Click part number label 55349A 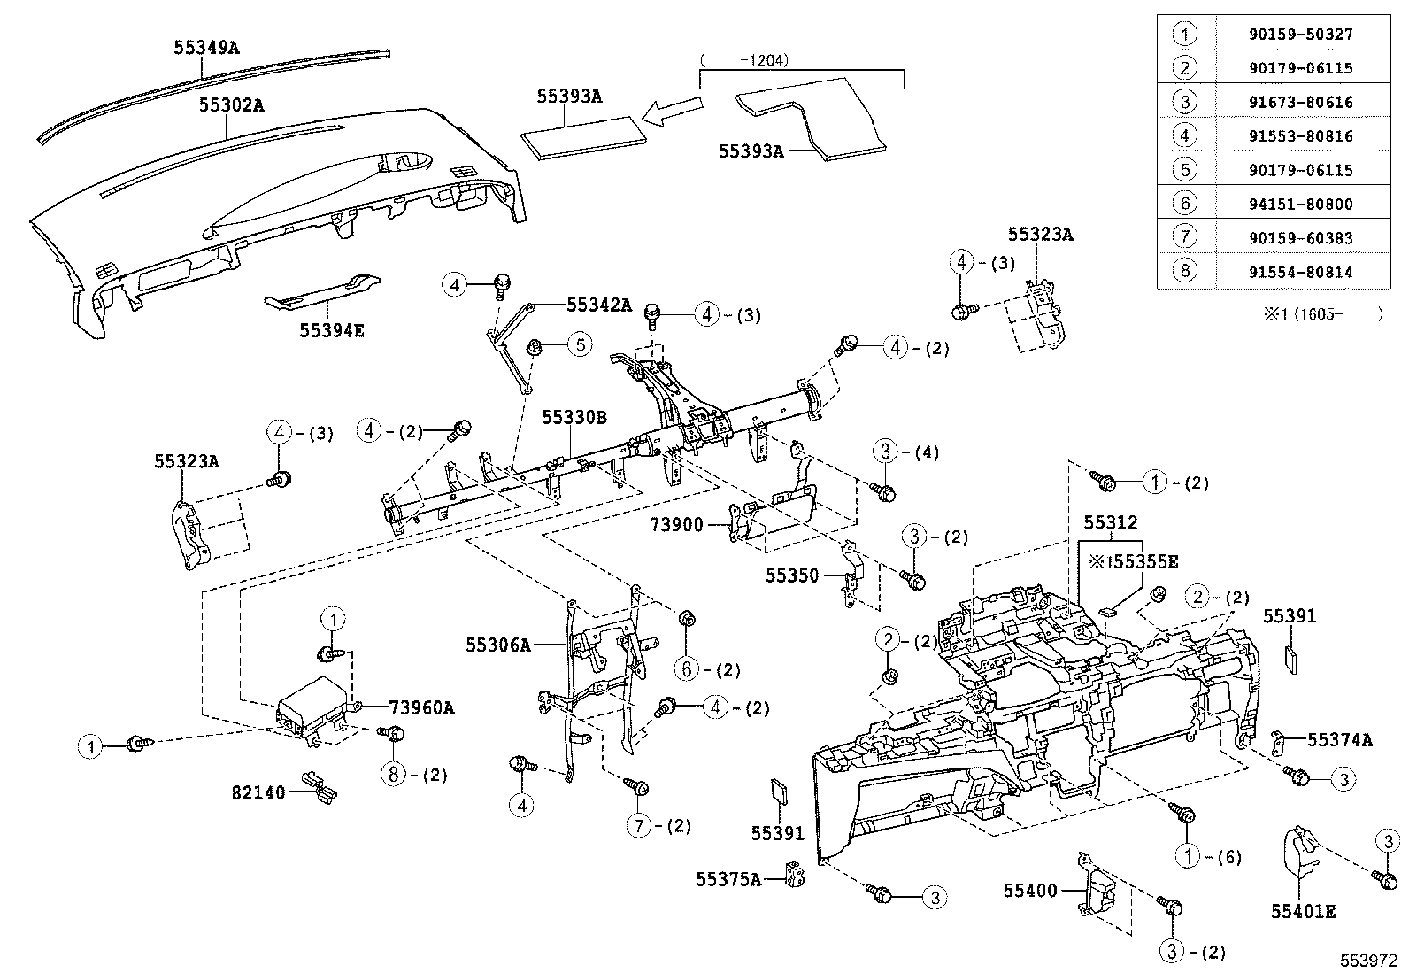coord(205,48)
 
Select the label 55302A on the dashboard coord(231,105)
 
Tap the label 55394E coord(331,330)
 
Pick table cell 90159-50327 coord(1284,35)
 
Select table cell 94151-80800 coord(1284,204)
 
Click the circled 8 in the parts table coord(1185,271)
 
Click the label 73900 coord(676,525)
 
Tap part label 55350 coord(792,575)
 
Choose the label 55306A coord(498,645)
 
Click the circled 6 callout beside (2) coord(688,669)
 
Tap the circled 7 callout coord(639,826)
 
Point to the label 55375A coord(728,878)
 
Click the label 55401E coord(1303,910)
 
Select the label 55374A coord(1340,739)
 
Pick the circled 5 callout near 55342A coord(579,344)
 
